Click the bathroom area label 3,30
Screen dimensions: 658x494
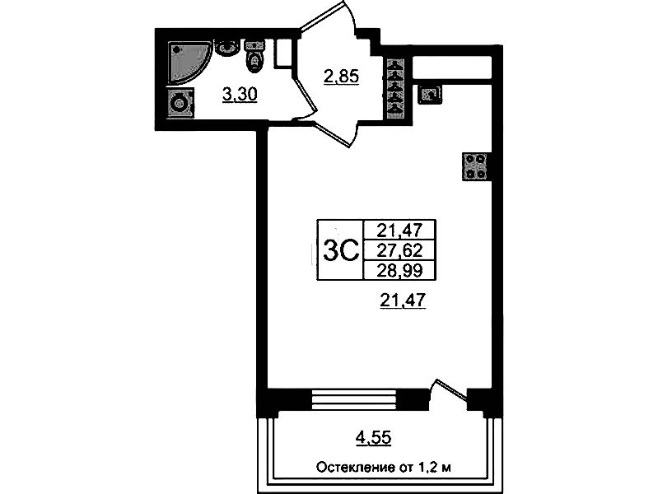[239, 95]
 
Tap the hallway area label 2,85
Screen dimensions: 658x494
[341, 77]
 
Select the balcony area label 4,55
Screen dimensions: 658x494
[373, 438]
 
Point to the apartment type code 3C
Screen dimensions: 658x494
[341, 250]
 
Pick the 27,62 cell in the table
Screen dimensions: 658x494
[399, 250]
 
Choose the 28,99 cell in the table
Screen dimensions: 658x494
[399, 271]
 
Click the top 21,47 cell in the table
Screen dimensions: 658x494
[399, 230]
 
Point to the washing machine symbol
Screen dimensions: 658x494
[181, 102]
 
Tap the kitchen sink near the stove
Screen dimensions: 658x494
[429, 95]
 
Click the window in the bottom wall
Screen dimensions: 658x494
[355, 399]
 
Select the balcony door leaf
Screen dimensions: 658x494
[451, 389]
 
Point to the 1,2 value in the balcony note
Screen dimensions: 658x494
[427, 467]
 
